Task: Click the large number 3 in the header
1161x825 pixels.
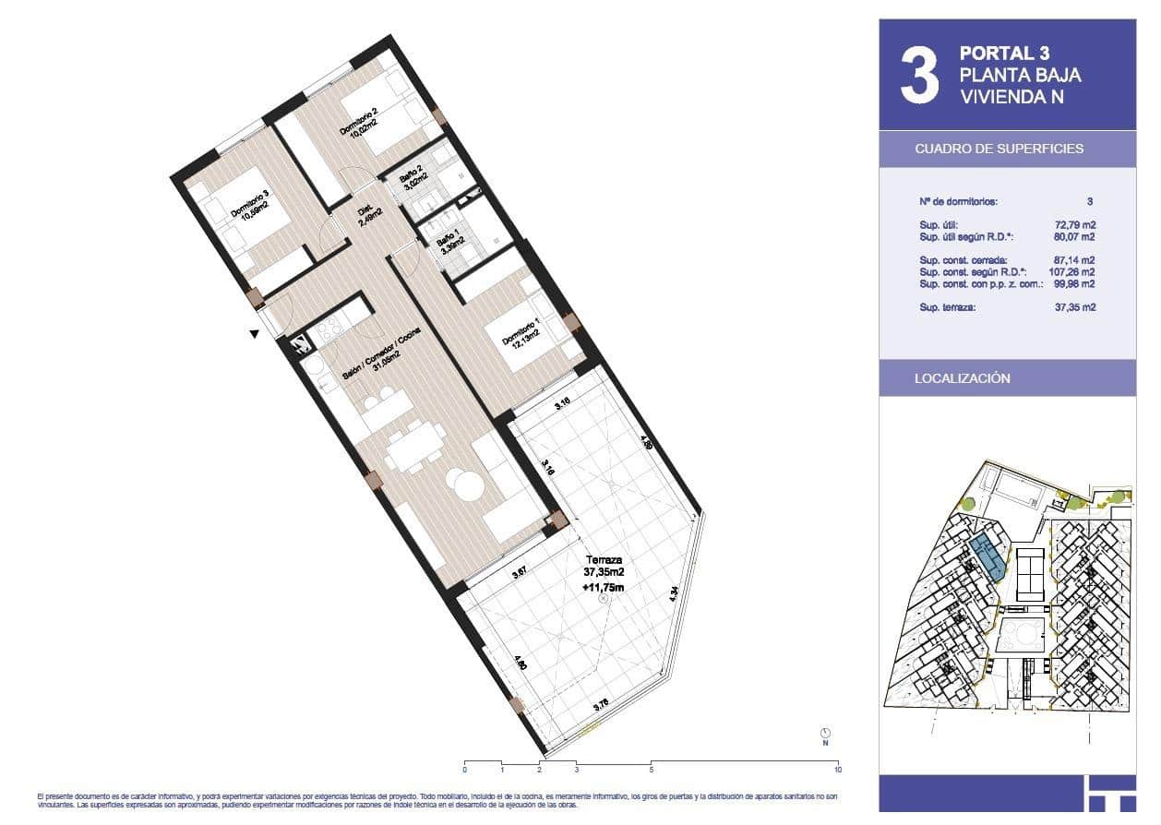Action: (919, 76)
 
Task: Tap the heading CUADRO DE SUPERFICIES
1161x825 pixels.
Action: (999, 149)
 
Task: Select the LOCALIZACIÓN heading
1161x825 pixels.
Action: (962, 378)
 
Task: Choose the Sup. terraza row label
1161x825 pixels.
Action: (950, 306)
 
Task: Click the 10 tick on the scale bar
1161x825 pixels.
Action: (838, 768)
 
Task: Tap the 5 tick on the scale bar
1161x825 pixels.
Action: (652, 768)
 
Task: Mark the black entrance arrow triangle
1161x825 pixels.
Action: (254, 335)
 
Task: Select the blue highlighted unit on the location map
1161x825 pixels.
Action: (988, 557)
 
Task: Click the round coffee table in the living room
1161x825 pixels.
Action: (461, 484)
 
